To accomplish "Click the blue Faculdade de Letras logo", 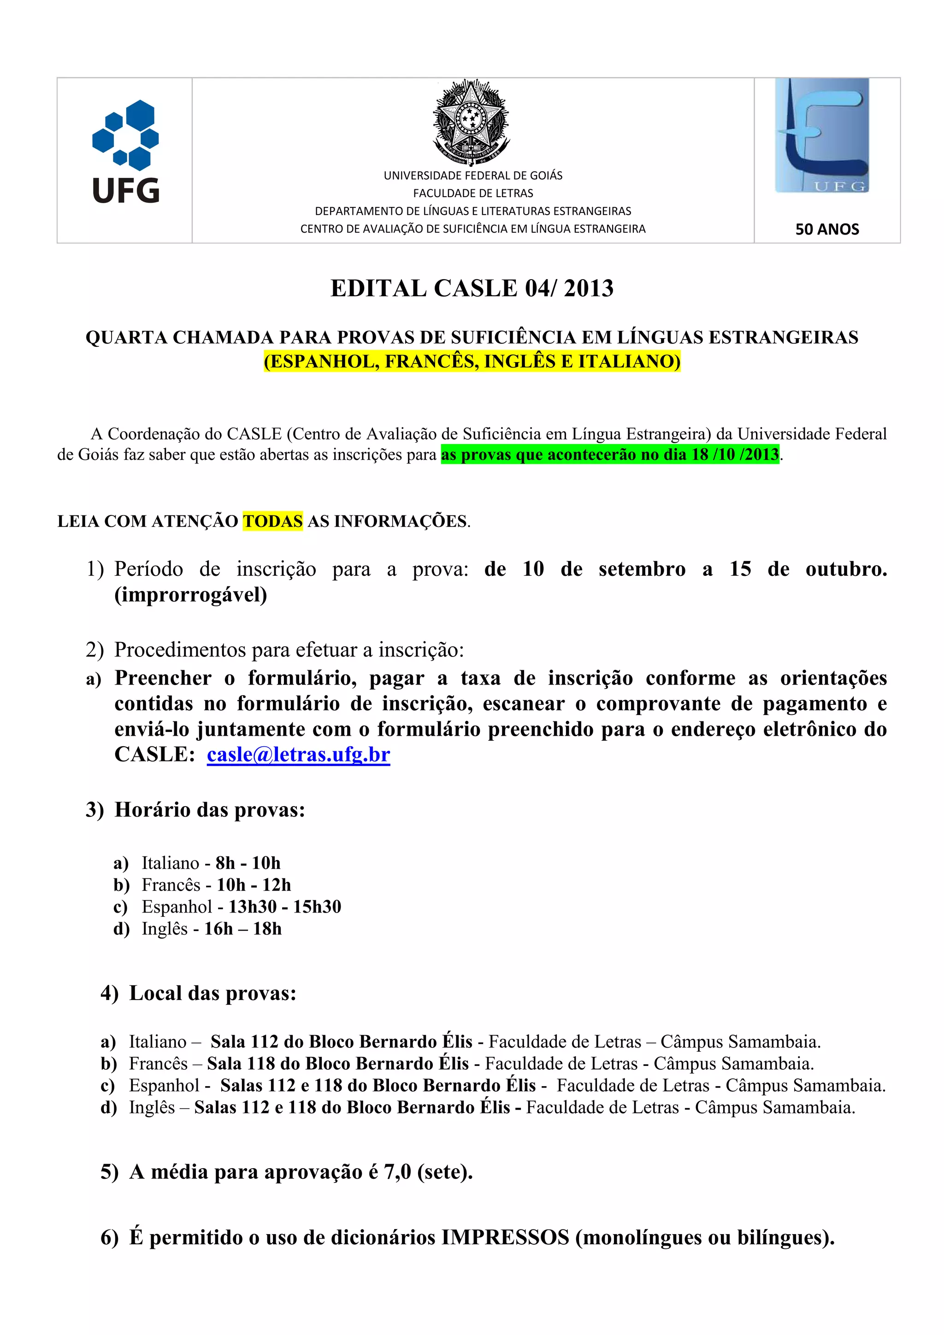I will pos(821,135).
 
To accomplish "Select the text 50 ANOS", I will pos(826,229).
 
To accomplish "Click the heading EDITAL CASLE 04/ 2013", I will pos(472,288).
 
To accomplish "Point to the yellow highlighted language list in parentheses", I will pos(472,361).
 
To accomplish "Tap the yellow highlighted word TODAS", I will pos(272,521).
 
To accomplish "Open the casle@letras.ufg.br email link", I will pos(298,754).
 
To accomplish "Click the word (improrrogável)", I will pos(191,595).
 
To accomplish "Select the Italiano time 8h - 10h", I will pos(248,863).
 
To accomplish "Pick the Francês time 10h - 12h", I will pos(254,885).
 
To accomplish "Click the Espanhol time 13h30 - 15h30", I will pos(284,907).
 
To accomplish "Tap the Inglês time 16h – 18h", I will pos(242,929).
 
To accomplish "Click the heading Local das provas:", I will pos(212,994).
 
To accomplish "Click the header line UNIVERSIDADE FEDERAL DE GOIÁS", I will pos(473,176).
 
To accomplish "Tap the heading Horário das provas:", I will pos(209,809).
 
